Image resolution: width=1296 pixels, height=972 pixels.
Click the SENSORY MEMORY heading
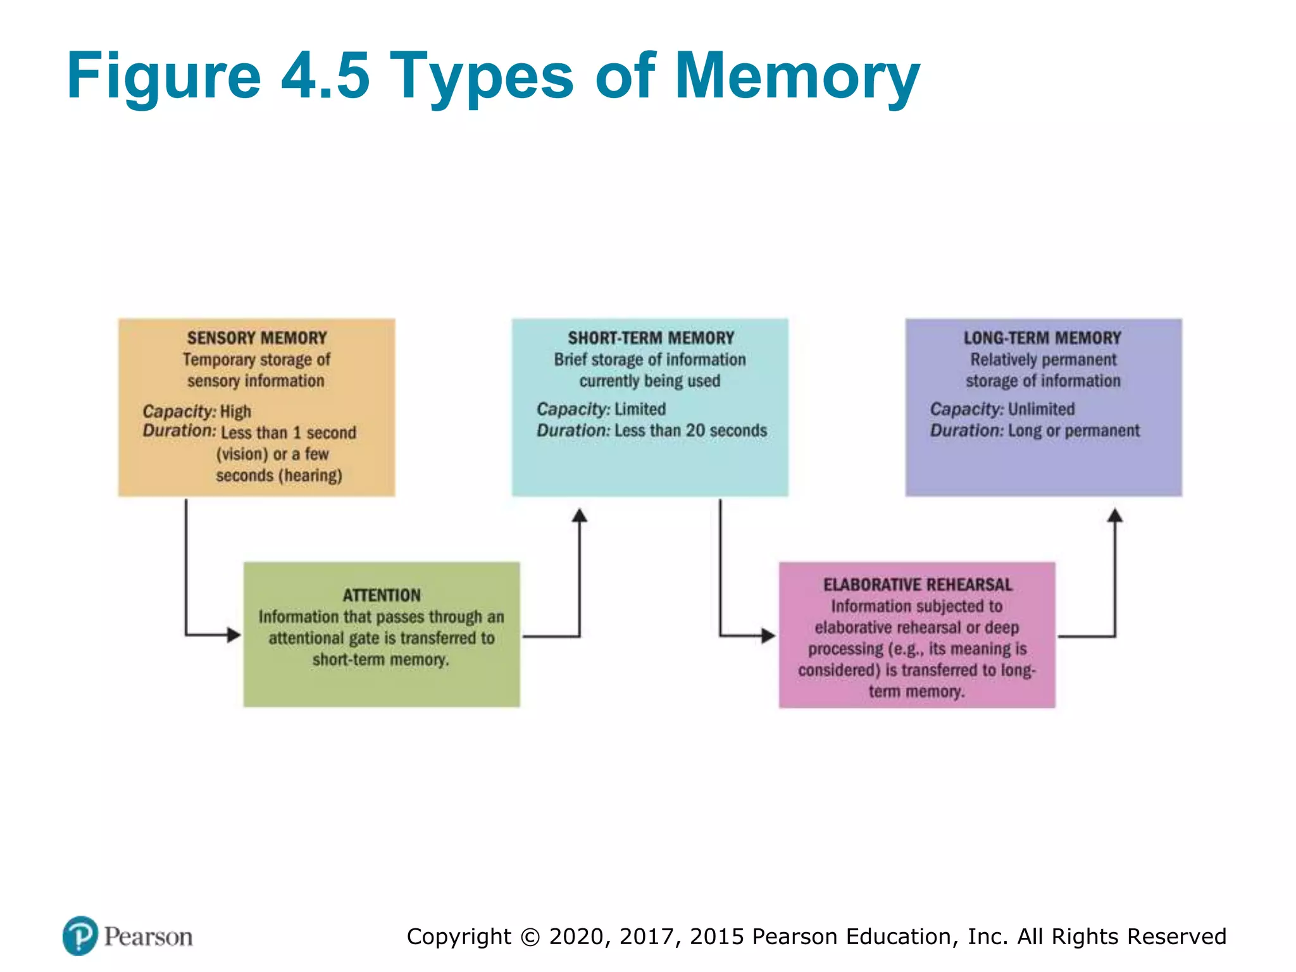(257, 338)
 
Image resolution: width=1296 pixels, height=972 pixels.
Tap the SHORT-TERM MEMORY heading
(651, 338)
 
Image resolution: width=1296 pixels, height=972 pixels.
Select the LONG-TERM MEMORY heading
(1042, 338)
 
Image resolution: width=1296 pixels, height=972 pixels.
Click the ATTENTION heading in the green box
(382, 595)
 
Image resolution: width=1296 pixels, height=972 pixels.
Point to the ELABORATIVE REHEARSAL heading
(917, 585)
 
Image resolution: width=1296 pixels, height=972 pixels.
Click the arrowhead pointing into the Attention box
(234, 635)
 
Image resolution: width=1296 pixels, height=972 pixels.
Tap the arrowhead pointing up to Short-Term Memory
(580, 516)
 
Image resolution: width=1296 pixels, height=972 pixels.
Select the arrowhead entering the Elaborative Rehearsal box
(768, 635)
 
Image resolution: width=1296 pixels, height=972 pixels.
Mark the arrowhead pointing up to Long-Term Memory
(1115, 516)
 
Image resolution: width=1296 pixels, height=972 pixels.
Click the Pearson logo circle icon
(80, 935)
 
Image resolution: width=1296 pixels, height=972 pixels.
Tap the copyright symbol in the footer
(530, 937)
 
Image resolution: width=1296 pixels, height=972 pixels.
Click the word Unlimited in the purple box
(1041, 409)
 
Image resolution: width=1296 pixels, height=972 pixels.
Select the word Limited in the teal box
(640, 409)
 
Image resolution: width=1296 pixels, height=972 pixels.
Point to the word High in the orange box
(235, 412)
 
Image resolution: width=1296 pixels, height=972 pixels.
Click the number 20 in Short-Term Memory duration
(695, 431)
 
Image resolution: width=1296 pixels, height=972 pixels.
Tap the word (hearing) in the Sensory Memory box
(310, 475)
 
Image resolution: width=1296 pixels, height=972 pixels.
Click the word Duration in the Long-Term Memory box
(965, 431)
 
